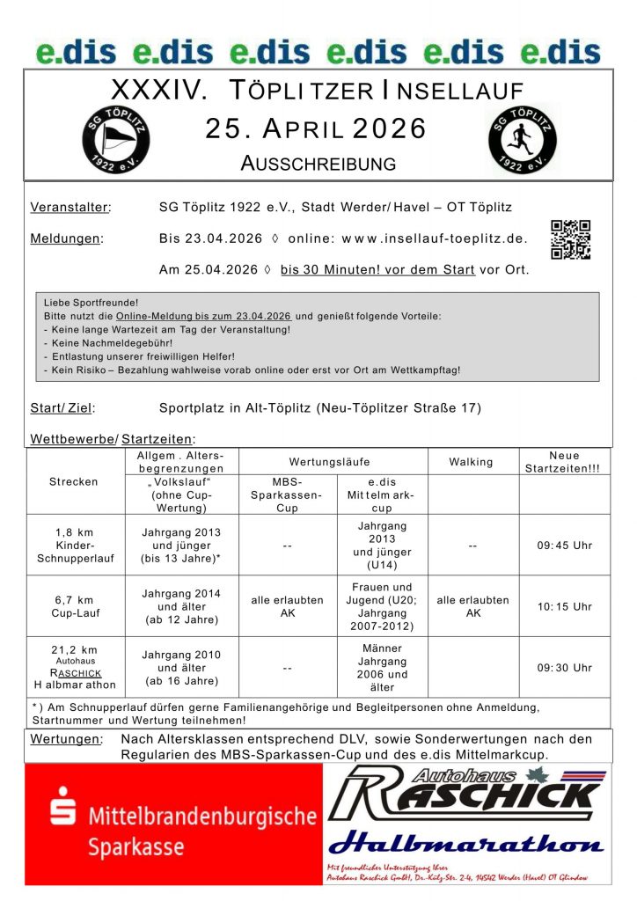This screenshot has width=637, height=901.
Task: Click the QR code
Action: click(x=570, y=239)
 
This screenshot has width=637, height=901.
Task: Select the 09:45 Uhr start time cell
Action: click(x=565, y=546)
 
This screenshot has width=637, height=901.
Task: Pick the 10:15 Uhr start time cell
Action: click(x=565, y=606)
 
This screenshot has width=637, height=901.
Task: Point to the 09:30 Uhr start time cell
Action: click(x=565, y=668)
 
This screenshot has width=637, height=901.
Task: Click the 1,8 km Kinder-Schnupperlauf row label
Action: click(x=74, y=546)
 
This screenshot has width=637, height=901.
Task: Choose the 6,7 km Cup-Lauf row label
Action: click(x=74, y=606)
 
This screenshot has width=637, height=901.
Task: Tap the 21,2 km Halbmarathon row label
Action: click(x=74, y=667)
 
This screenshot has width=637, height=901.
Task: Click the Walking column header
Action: click(x=472, y=462)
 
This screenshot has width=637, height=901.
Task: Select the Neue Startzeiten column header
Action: click(x=565, y=462)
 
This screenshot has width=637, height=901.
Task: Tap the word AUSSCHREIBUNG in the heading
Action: click(x=318, y=164)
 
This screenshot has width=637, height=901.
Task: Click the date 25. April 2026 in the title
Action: click(x=316, y=129)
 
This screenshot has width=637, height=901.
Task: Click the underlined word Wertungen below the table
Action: click(x=66, y=739)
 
